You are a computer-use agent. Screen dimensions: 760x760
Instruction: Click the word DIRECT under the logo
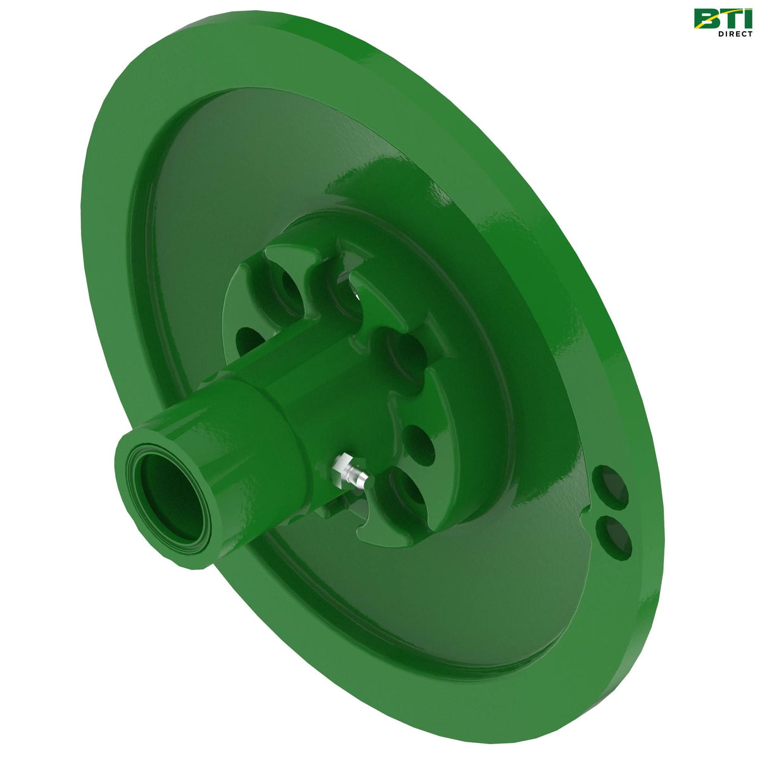coord(735,33)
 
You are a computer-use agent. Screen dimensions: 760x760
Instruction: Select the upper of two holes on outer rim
coord(611,486)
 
